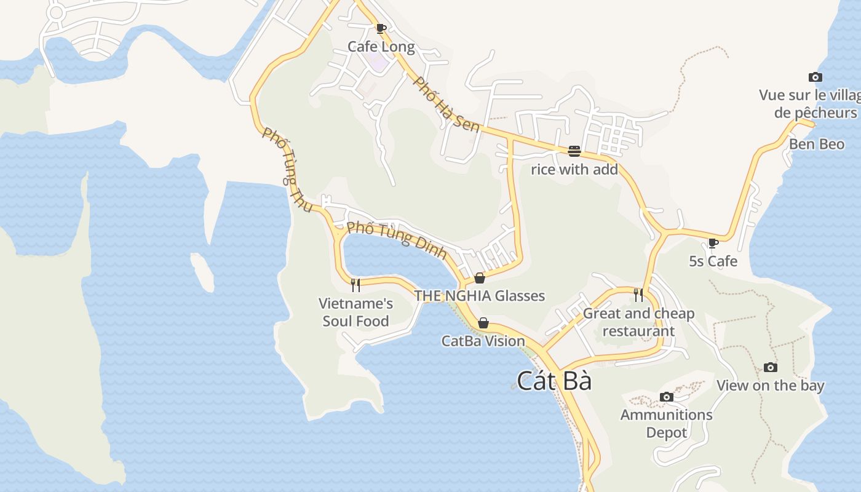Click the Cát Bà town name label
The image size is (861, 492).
[554, 381]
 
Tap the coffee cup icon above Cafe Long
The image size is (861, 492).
[381, 28]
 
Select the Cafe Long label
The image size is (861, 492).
[381, 47]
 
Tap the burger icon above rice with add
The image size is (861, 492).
[574, 151]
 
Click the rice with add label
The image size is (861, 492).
[574, 169]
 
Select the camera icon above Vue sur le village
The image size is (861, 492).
[815, 77]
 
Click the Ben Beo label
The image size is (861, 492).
[817, 144]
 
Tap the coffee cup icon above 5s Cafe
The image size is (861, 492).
[713, 243]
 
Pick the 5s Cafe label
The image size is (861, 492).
[713, 261]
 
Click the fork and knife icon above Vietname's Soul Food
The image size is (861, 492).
[355, 285]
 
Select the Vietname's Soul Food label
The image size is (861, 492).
[355, 312]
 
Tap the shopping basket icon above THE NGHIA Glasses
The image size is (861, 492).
[480, 278]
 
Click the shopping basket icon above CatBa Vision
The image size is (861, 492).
[483, 323]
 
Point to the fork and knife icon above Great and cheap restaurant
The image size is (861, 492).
[638, 295]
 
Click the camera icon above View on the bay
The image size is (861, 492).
[770, 367]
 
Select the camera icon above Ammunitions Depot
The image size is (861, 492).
[666, 397]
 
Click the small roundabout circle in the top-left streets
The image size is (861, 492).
[56, 12]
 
